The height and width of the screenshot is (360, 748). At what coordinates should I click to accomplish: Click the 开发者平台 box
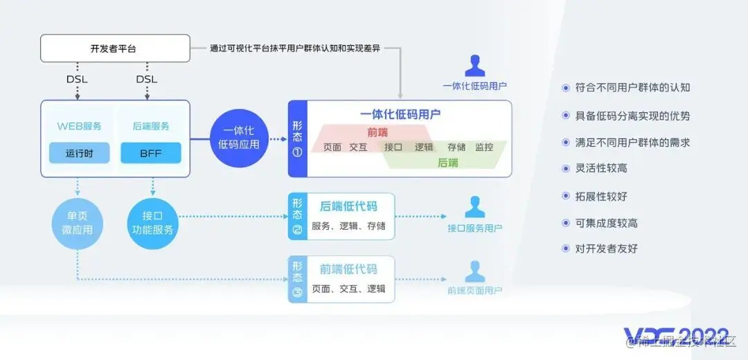(114, 48)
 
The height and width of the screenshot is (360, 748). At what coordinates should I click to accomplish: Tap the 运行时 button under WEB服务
(79, 153)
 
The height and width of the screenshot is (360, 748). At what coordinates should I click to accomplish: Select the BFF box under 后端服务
(150, 153)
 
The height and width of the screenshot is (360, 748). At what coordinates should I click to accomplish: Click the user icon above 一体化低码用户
(474, 66)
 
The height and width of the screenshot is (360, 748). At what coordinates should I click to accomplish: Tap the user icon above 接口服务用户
(474, 207)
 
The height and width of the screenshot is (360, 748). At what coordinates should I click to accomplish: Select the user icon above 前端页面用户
(474, 271)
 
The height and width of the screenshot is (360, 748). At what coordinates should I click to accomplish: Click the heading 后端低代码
(348, 206)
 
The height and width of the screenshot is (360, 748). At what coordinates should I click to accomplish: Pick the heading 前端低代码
(348, 269)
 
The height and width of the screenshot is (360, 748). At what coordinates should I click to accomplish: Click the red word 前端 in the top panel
(377, 132)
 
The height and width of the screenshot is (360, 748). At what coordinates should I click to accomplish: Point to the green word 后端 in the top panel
(448, 163)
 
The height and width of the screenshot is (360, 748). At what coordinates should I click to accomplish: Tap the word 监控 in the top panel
(484, 147)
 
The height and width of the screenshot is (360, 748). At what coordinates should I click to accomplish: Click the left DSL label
(77, 79)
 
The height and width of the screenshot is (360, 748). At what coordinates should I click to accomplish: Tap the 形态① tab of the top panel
(297, 138)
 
